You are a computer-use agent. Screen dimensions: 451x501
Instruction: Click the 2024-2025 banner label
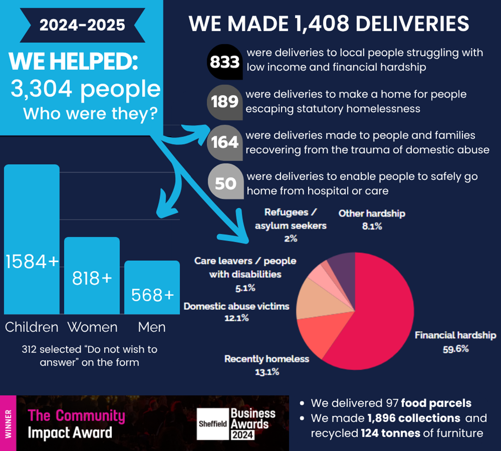click(x=81, y=24)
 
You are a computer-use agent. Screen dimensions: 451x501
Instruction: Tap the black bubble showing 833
click(x=225, y=62)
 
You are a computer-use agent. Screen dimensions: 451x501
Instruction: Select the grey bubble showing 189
click(x=225, y=101)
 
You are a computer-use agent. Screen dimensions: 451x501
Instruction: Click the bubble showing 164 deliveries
click(x=225, y=142)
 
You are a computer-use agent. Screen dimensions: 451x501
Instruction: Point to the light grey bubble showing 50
click(x=225, y=183)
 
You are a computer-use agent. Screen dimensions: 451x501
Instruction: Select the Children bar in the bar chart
click(x=32, y=239)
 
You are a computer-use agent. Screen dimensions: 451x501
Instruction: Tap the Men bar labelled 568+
click(x=152, y=287)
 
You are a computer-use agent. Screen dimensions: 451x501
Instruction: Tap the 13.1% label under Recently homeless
click(x=267, y=372)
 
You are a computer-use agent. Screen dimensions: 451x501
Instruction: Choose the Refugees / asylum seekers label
click(x=291, y=219)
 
